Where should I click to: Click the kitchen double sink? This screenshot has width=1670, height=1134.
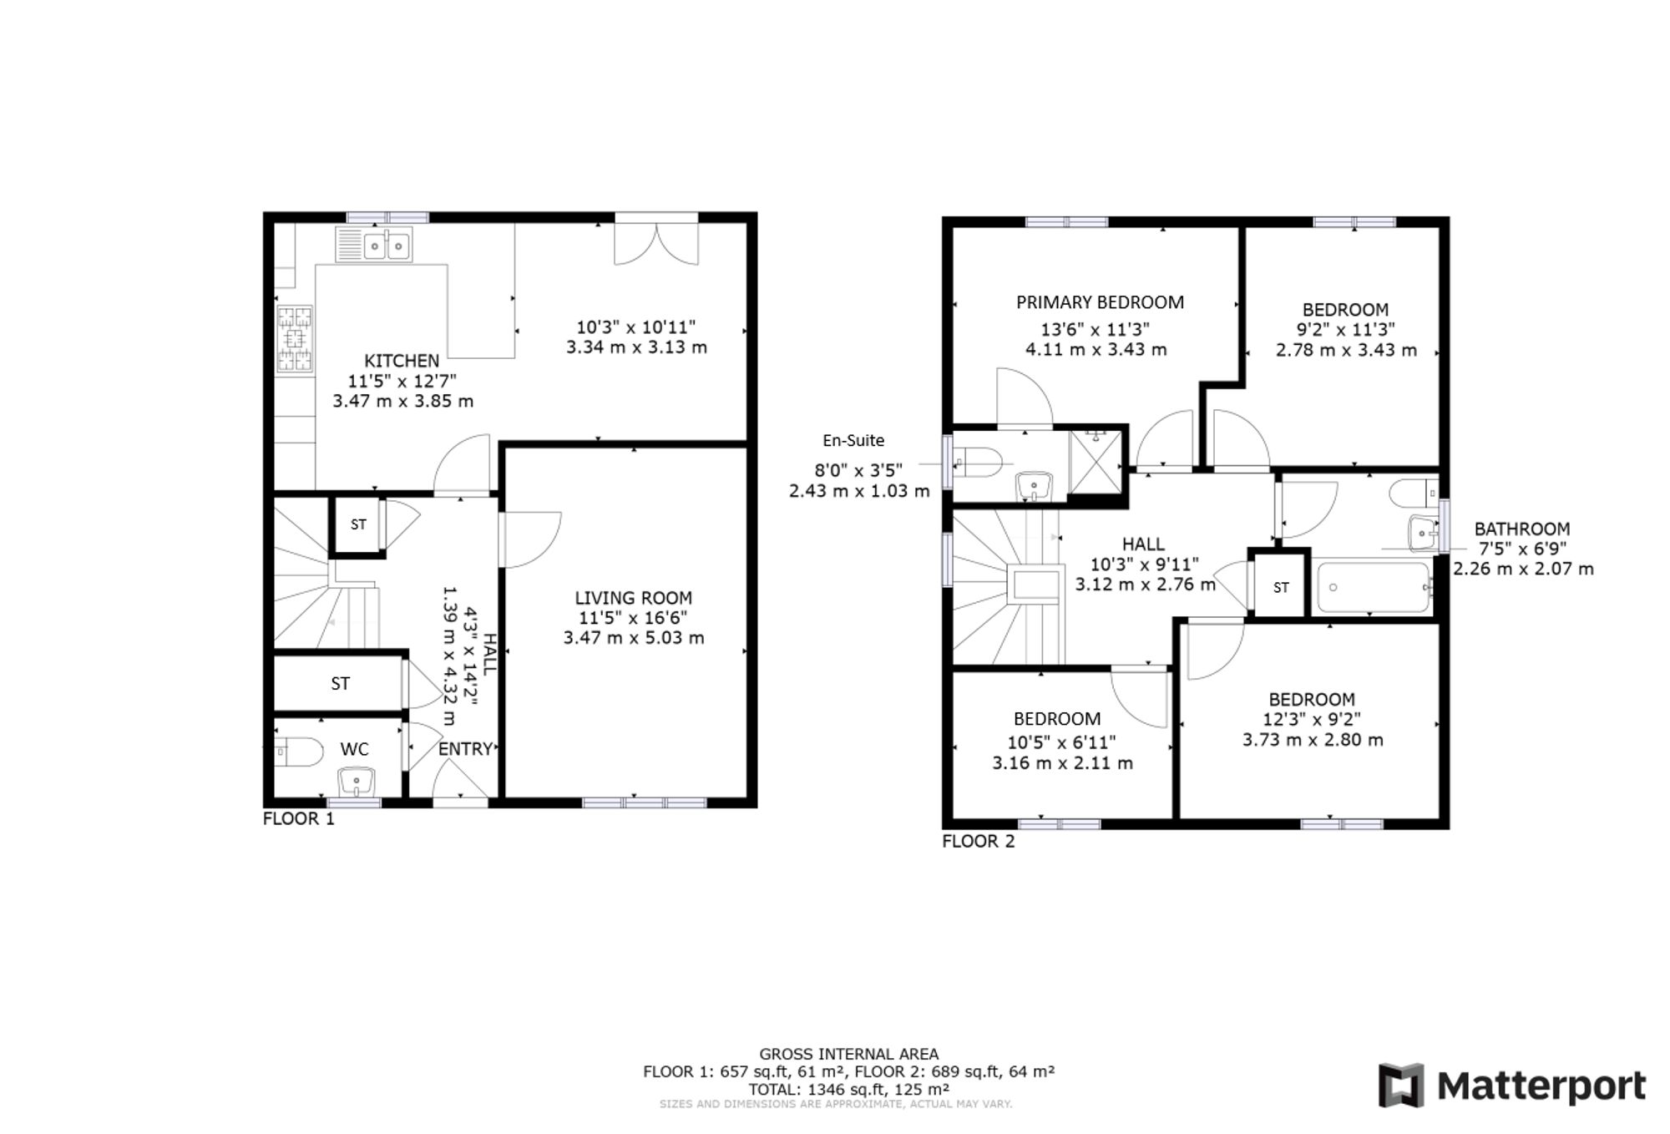(373, 245)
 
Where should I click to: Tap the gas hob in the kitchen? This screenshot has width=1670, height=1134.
(295, 339)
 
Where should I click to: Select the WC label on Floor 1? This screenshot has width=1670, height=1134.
(354, 749)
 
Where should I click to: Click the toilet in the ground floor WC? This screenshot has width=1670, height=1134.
(298, 752)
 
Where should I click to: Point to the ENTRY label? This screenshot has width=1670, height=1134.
(465, 749)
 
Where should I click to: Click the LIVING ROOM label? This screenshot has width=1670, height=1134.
(633, 598)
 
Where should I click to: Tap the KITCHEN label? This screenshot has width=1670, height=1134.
(402, 361)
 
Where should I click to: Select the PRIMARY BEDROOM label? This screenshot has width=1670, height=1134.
(1100, 302)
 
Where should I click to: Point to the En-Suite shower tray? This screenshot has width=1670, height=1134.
(1096, 461)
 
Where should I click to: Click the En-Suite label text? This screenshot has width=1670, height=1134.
(853, 440)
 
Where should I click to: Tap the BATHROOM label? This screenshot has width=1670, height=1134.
(1521, 529)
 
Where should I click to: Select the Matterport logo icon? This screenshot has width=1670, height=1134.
(1400, 1085)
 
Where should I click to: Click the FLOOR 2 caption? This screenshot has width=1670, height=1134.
(979, 841)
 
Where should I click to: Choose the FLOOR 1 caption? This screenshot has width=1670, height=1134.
(298, 818)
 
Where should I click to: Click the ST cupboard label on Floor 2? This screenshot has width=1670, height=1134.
(1281, 588)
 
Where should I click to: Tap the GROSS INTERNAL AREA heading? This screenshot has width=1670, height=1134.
(848, 1054)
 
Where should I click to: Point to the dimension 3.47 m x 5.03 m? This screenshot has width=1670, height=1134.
(634, 638)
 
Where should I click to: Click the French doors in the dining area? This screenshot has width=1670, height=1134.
(656, 239)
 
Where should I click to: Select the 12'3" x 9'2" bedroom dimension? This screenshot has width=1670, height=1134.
(1313, 719)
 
